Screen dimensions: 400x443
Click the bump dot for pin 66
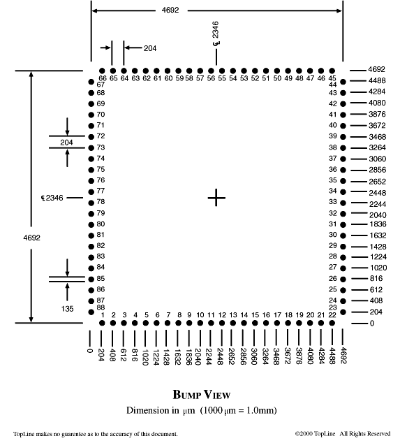102,71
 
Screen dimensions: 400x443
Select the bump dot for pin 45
332,71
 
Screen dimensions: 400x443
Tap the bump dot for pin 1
102,323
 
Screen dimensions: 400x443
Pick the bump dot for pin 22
332,323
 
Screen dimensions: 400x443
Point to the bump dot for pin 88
91,312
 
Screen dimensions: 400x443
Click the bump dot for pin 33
343,203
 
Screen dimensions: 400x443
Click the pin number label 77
101,191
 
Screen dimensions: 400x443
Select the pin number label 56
211,78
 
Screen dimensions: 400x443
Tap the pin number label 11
211,315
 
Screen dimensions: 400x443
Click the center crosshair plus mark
216,198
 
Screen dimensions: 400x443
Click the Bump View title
202,395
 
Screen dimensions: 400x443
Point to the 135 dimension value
67,309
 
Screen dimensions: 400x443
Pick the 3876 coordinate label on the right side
377,114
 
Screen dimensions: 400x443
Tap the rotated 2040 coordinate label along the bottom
198,356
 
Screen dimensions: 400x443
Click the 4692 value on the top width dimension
170,10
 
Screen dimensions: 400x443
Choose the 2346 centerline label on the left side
52,198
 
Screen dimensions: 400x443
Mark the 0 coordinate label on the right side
372,324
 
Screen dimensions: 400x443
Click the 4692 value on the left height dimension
32,238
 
